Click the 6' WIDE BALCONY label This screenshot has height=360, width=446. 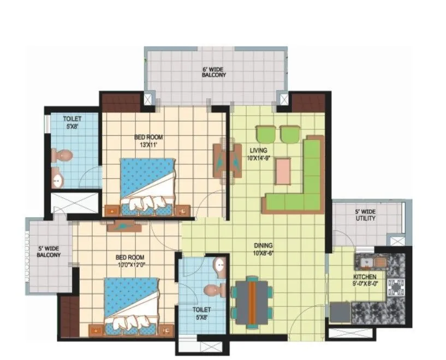[214, 72]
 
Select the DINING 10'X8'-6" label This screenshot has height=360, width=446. [263, 249]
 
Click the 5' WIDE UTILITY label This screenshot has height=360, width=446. [365, 215]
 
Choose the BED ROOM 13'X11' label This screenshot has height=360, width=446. [148, 141]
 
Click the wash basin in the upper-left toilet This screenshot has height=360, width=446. [56, 177]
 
